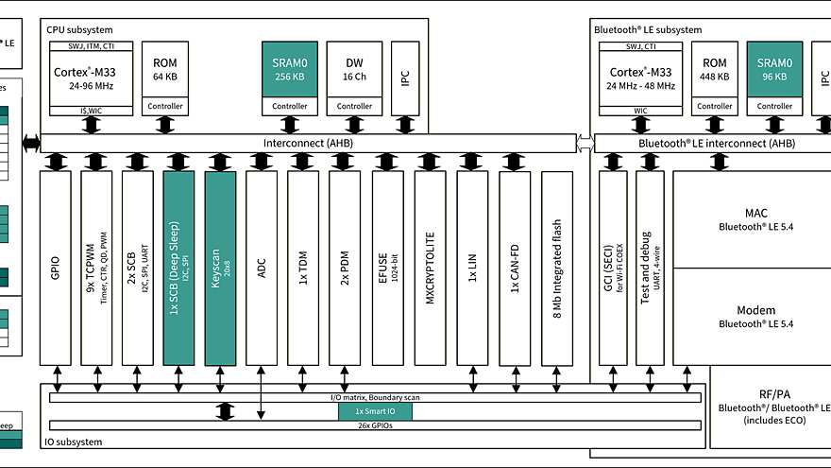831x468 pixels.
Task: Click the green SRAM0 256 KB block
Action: click(x=290, y=69)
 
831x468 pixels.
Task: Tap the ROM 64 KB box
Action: click(x=165, y=69)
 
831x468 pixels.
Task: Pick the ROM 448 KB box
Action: click(x=713, y=69)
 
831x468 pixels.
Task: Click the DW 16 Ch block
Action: click(x=354, y=69)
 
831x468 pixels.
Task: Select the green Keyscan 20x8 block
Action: click(x=220, y=269)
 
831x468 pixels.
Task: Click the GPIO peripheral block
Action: click(x=55, y=269)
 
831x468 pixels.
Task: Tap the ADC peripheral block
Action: click(x=262, y=269)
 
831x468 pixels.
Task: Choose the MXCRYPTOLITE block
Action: click(x=429, y=269)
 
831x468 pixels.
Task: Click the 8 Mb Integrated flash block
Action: click(x=557, y=269)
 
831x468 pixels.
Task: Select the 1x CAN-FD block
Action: click(x=515, y=269)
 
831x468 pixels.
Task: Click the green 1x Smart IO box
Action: click(x=376, y=411)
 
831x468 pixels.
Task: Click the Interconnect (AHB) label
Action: click(x=308, y=143)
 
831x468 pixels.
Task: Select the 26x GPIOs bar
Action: click(x=375, y=425)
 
